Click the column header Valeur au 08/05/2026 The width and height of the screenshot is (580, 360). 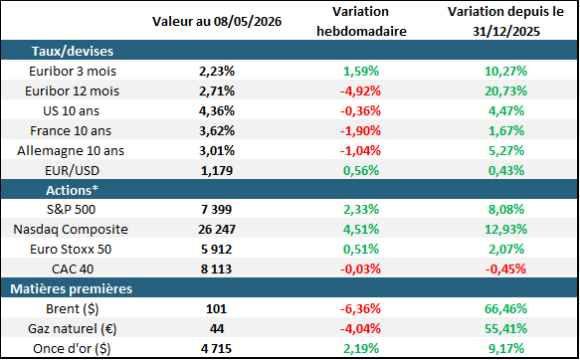click(x=217, y=22)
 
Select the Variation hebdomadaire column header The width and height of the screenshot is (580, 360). click(x=361, y=22)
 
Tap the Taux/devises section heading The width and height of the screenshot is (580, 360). click(x=73, y=51)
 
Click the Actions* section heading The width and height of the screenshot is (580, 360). click(x=73, y=190)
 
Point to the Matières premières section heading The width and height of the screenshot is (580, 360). click(x=71, y=288)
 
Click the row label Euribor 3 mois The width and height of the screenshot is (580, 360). click(x=73, y=71)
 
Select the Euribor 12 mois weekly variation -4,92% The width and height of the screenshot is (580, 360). click(x=361, y=90)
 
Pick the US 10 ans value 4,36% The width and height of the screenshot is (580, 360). click(x=217, y=110)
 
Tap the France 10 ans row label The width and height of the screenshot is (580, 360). click(x=71, y=131)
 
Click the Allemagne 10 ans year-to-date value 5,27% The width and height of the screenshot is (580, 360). click(x=506, y=151)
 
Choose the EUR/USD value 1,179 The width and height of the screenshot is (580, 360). click(x=217, y=171)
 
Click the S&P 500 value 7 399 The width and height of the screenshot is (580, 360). click(x=217, y=210)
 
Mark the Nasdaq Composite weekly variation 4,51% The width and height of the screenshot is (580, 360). click(x=361, y=229)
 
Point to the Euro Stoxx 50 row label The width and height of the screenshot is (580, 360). click(x=71, y=250)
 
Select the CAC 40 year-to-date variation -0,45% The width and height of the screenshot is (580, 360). click(x=505, y=270)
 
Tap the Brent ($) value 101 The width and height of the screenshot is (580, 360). click(x=217, y=308)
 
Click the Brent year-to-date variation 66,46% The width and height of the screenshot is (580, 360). click(x=506, y=308)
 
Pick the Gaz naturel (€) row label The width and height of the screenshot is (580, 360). click(x=73, y=328)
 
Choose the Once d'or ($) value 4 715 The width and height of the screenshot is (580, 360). click(x=217, y=348)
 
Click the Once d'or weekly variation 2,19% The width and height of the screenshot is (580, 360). click(x=361, y=348)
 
